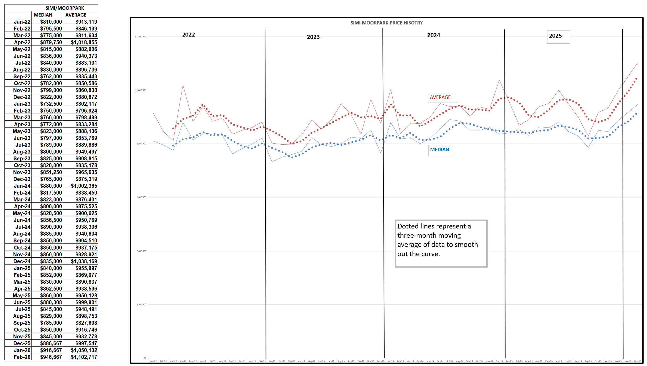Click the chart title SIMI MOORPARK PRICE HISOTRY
click(x=386, y=23)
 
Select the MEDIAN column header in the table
click(x=43, y=15)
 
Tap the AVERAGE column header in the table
click(x=76, y=15)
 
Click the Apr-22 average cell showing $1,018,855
click(x=84, y=42)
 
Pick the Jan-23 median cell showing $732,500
click(x=51, y=104)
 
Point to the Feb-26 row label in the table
click(x=22, y=357)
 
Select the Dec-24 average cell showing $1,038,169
click(x=84, y=261)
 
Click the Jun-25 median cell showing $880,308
click(x=51, y=302)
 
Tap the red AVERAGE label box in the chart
click(x=440, y=97)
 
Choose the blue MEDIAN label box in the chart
click(x=439, y=150)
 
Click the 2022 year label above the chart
click(x=189, y=35)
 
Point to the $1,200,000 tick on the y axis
click(x=141, y=37)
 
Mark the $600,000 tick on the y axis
click(x=141, y=197)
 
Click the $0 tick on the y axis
click(x=145, y=358)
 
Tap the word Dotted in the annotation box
click(x=408, y=226)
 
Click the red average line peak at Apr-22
click(x=183, y=85)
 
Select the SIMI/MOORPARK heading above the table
click(x=65, y=8)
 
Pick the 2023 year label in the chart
click(x=313, y=37)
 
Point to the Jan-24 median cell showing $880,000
click(x=51, y=186)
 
